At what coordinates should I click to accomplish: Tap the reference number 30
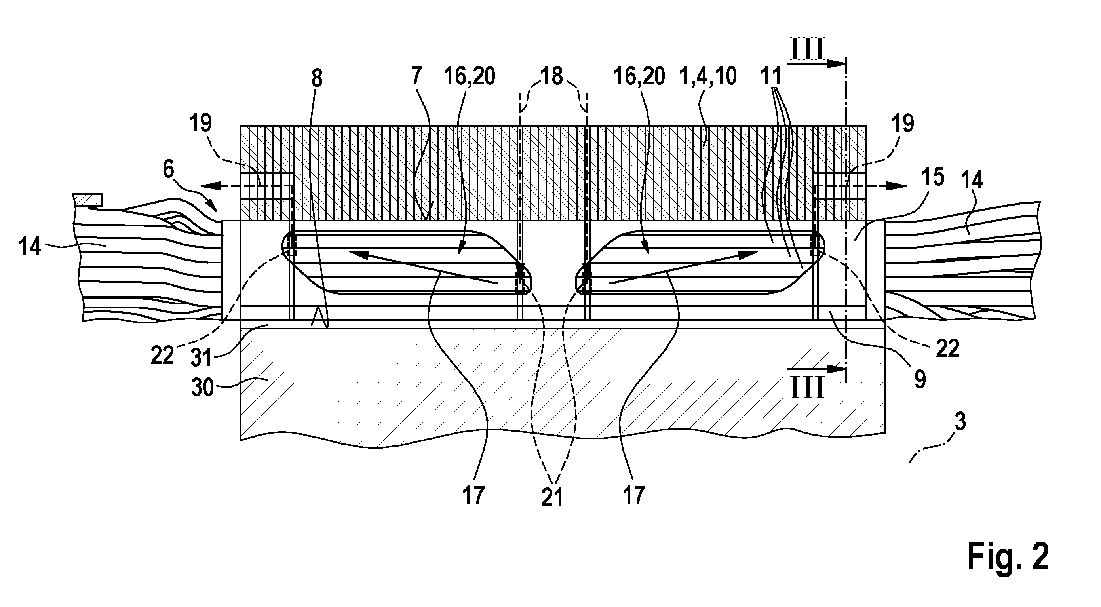[x=202, y=388]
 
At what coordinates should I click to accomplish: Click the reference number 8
[x=317, y=79]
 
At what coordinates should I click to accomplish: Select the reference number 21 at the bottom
[x=552, y=497]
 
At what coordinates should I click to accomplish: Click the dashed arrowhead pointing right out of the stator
[x=896, y=186]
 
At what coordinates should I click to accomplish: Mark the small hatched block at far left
[x=87, y=199]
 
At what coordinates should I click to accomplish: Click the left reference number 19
[x=201, y=123]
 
